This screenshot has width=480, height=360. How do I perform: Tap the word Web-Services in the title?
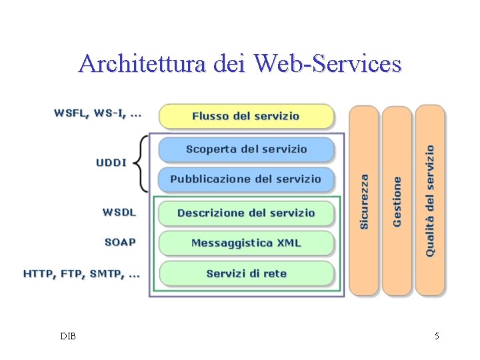tap(328, 63)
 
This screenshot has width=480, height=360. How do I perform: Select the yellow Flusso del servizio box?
tap(245, 116)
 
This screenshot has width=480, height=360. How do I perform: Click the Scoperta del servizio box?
tap(245, 149)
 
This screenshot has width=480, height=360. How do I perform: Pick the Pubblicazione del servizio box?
tap(245, 179)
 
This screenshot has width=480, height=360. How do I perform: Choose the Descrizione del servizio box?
tap(245, 213)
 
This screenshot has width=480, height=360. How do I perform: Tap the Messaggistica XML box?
tap(245, 243)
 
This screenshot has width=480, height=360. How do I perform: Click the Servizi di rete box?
tap(245, 273)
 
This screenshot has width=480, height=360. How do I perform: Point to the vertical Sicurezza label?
tap(364, 201)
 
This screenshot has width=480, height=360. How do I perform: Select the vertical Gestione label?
tap(397, 201)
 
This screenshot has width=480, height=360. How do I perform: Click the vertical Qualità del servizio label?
tap(430, 201)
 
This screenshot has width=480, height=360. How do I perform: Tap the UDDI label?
tap(111, 162)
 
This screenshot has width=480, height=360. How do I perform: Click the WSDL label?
tap(119, 212)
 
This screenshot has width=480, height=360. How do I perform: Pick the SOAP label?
tap(120, 242)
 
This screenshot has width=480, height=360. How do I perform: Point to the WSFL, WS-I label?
tap(97, 114)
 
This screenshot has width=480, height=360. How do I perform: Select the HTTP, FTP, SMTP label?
tap(81, 273)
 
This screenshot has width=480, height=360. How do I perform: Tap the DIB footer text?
tap(67, 336)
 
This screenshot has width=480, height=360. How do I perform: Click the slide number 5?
tap(437, 336)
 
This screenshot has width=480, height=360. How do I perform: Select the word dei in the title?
tap(229, 63)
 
